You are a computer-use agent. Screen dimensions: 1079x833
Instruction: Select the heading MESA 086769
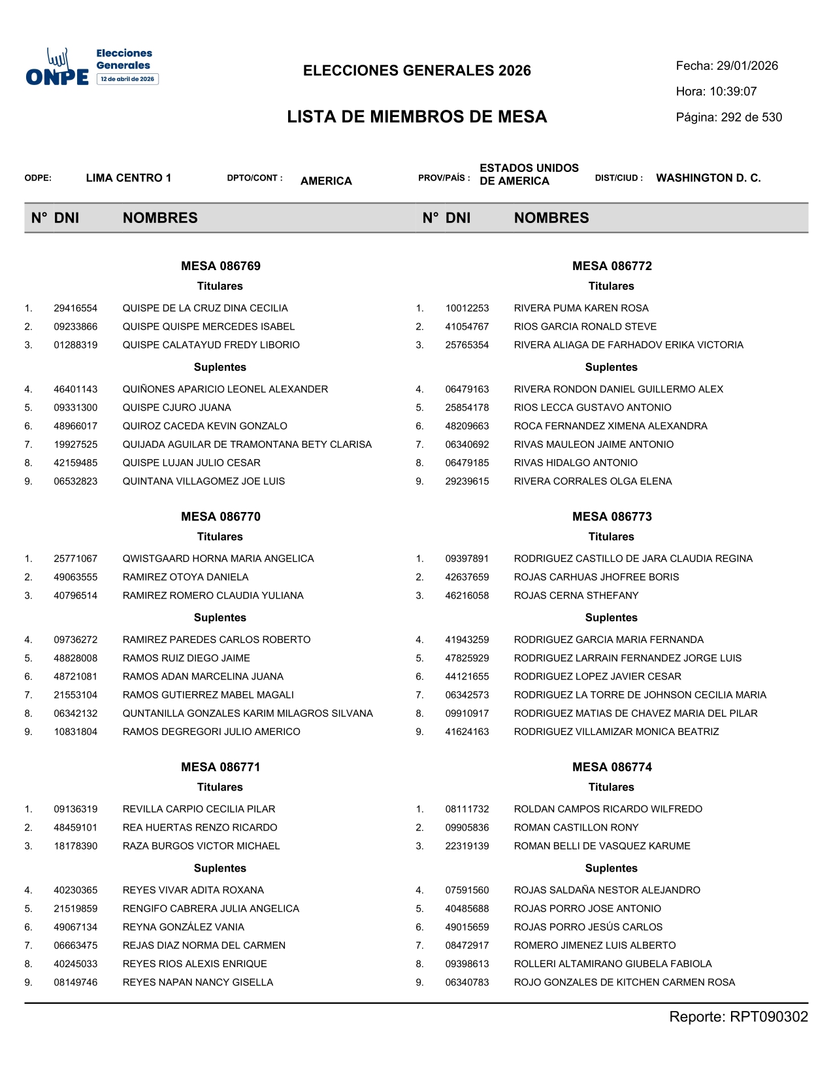[x=221, y=266]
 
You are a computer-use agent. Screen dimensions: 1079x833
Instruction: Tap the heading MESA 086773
[x=612, y=517]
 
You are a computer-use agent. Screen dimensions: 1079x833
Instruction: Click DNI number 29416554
[x=76, y=308]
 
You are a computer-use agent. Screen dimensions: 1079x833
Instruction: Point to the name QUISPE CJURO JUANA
[x=177, y=407]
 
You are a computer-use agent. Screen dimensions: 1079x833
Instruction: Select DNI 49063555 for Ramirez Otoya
[x=76, y=577]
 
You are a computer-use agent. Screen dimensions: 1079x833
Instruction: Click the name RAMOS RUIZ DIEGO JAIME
[x=186, y=658]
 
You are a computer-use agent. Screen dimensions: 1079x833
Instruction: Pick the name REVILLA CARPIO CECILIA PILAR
[x=199, y=809]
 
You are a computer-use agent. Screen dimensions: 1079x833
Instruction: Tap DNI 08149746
[x=76, y=982]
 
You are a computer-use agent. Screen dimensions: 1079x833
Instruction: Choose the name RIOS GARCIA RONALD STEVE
[x=585, y=326]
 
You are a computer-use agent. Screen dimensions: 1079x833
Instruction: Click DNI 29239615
[x=467, y=481]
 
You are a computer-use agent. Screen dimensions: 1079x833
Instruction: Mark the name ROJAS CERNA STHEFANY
[x=576, y=595]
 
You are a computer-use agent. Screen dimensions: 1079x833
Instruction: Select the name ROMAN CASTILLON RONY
[x=576, y=827]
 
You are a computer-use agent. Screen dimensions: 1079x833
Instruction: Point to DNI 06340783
[x=467, y=982]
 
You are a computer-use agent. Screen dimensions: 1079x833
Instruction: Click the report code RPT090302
[x=769, y=1017]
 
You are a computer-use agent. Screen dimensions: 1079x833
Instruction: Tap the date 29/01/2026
[x=747, y=66]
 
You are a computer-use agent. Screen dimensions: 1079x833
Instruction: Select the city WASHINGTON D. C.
[x=708, y=178]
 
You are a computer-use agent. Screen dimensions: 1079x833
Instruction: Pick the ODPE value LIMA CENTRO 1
[x=129, y=178]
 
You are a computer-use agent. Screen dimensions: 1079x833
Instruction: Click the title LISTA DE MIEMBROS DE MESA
[x=417, y=117]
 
